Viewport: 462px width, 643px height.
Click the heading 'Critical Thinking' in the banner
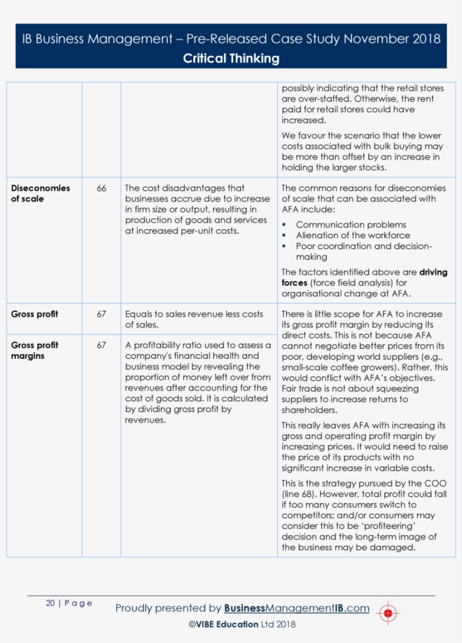[231, 58]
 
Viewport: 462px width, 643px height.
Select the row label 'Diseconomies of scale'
[40, 193]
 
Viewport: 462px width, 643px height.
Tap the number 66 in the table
[101, 188]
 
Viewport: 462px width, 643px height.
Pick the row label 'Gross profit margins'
[34, 350]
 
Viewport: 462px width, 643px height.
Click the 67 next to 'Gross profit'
[101, 314]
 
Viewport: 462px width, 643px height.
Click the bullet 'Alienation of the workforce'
[353, 235]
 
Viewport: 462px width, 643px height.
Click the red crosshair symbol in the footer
[388, 613]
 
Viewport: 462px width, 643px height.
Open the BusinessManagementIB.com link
[296, 608]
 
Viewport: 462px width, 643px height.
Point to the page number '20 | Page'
[69, 603]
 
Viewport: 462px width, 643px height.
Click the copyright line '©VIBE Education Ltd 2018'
[242, 624]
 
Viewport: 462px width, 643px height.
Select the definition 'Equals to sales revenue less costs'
[194, 314]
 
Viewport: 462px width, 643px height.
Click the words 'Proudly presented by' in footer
[168, 608]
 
